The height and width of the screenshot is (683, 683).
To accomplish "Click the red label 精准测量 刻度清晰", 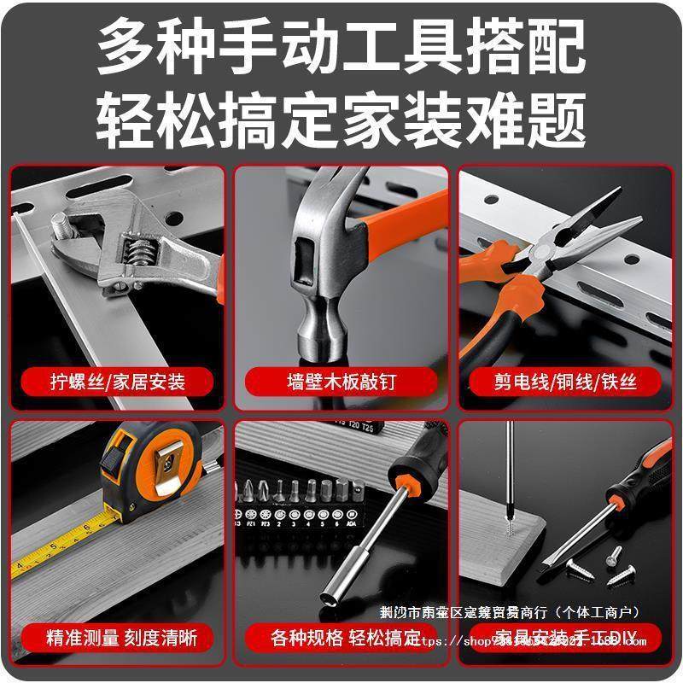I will (x=117, y=637).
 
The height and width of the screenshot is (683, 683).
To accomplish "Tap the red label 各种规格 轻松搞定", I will (x=341, y=637).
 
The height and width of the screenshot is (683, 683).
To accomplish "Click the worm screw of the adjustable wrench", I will (x=137, y=252).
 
